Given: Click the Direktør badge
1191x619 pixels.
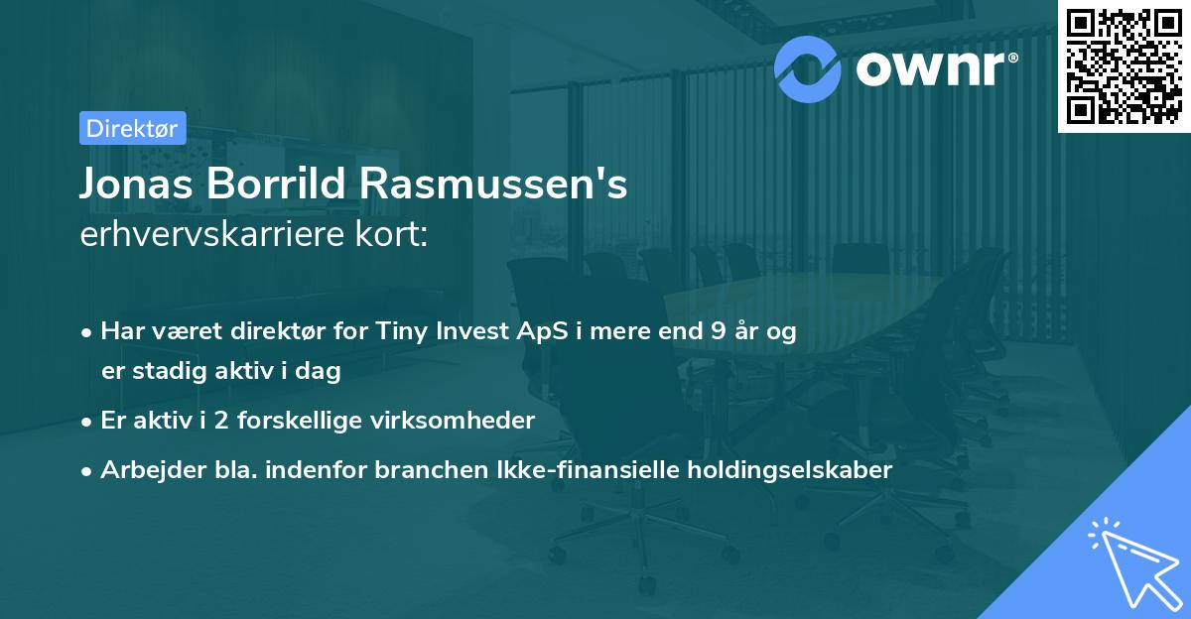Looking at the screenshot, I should tap(132, 128).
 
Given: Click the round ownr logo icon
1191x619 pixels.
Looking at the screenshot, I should tap(808, 68).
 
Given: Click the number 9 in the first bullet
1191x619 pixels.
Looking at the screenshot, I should tap(718, 332).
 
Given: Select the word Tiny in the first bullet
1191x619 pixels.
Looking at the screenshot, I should tap(400, 332).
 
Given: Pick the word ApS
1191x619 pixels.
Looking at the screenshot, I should tap(519, 332).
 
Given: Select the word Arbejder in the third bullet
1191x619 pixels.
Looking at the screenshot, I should tap(145, 470).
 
